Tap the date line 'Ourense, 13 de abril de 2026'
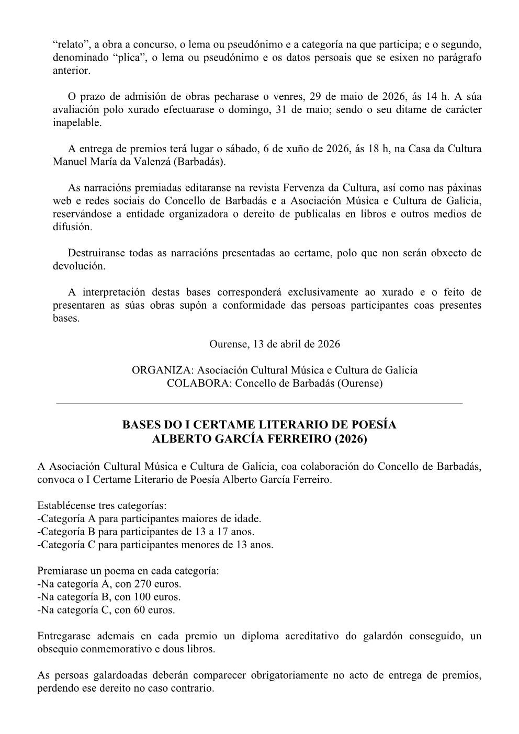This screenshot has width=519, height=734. click(274, 344)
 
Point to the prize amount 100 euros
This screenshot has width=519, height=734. click(157, 596)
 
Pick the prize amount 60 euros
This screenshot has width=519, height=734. click(154, 609)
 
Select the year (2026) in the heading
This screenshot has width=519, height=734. click(351, 439)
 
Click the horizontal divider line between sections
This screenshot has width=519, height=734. click(259, 403)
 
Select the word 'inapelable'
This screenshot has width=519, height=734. click(77, 123)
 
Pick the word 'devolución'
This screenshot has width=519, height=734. click(79, 266)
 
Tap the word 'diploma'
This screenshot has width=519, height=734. click(259, 636)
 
